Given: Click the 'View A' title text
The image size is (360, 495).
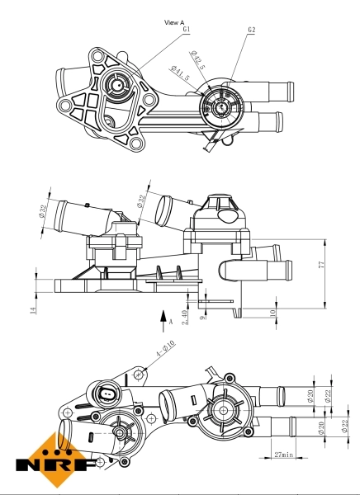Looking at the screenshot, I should (174, 22).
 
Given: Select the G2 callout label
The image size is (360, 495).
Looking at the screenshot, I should (251, 30).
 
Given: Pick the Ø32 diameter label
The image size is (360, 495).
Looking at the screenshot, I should (141, 200).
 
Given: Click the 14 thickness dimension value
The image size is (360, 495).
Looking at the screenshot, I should (33, 309).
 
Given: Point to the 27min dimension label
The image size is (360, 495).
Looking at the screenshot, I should (283, 454).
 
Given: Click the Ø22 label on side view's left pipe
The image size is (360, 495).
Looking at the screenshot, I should (42, 212).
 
